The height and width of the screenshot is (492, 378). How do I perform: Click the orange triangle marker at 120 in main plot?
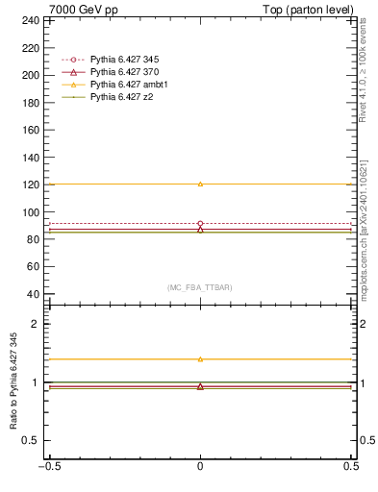(200, 184)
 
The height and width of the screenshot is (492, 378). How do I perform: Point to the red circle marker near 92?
(200, 223)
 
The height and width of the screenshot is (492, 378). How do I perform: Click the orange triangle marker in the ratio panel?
(200, 358)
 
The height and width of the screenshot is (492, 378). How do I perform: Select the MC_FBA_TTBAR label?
(200, 287)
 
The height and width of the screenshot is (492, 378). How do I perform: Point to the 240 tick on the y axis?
(31, 20)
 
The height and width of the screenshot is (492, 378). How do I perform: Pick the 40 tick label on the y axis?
(34, 294)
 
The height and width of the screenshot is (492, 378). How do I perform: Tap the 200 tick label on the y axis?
(31, 75)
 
